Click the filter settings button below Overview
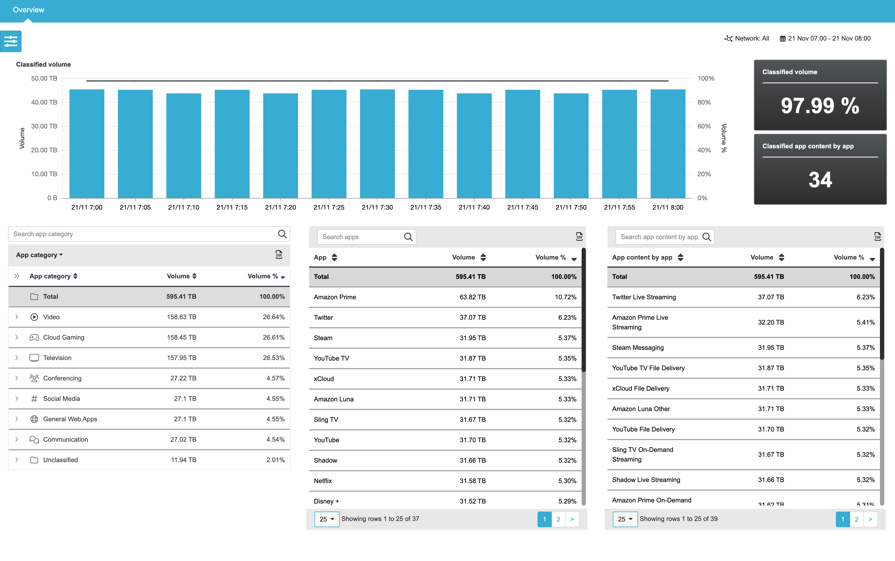[11, 41]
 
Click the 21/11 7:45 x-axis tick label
[522, 207]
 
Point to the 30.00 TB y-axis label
[44, 126]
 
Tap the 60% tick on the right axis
[704, 126]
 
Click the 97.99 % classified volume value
[820, 106]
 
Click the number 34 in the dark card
[820, 180]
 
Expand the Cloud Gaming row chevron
[17, 337]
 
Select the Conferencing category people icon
[34, 378]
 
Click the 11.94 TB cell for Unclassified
[183, 460]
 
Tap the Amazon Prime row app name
[335, 297]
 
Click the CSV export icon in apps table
[579, 237]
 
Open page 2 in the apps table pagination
[558, 519]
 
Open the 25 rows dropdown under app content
[625, 519]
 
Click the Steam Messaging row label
[638, 348]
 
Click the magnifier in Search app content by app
[707, 237]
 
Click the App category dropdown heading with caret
[39, 255]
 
